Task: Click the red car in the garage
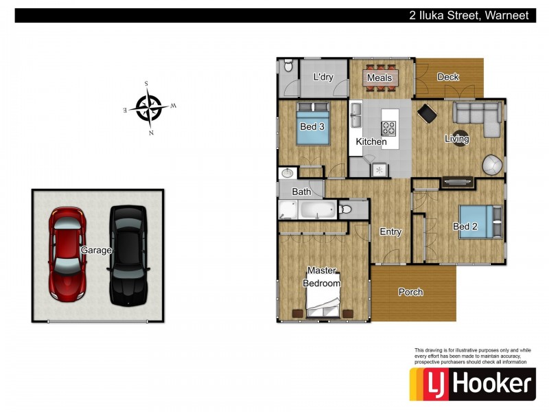point(67,254)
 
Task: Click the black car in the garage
point(128,255)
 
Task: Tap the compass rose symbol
point(150,108)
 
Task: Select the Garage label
point(96,250)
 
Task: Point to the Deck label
point(448,77)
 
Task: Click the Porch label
point(410,292)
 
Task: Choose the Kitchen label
point(371,141)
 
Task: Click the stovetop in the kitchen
point(388,128)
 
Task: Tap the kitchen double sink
point(356,115)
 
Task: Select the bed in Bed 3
point(313,124)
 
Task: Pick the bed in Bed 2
point(480,222)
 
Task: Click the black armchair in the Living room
point(427,113)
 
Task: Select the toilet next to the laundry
point(288,65)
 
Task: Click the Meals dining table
point(380,78)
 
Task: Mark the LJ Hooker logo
point(473,384)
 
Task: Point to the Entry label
point(390,231)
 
